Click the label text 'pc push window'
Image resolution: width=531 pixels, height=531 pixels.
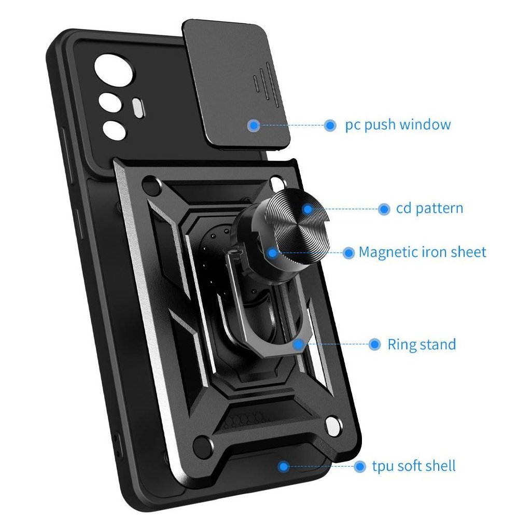click(398, 125)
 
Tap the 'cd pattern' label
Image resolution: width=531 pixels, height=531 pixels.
click(429, 208)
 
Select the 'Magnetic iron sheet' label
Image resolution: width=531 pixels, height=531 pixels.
click(423, 253)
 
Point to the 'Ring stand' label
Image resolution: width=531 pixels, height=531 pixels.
click(422, 344)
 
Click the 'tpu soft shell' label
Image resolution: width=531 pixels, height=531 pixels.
click(414, 466)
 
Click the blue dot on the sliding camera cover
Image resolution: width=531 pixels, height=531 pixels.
click(254, 125)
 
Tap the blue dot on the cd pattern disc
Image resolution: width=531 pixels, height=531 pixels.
click(308, 209)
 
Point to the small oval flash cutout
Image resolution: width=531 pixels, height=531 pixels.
click(138, 107)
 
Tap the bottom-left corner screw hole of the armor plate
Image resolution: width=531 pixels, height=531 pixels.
click(204, 444)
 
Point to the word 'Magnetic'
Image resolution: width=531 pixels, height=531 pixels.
click(387, 253)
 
